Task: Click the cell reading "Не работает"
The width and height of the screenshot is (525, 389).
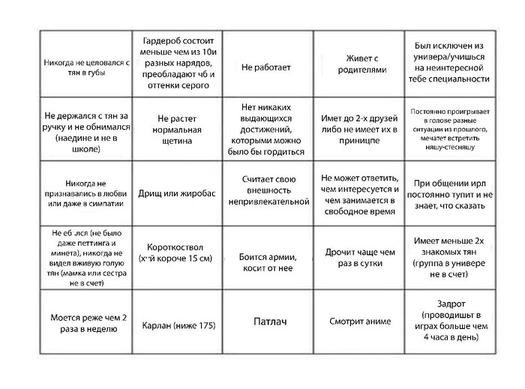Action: [x=265, y=67]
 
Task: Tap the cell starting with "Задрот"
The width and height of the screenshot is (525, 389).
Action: [x=451, y=322]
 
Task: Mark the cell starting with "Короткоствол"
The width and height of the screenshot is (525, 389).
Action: [x=177, y=253]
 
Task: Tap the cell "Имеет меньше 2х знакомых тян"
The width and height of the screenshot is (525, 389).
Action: [x=451, y=258]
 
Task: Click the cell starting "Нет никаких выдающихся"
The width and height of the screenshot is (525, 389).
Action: [x=268, y=129]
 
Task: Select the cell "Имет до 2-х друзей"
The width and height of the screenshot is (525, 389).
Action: [x=358, y=130]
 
